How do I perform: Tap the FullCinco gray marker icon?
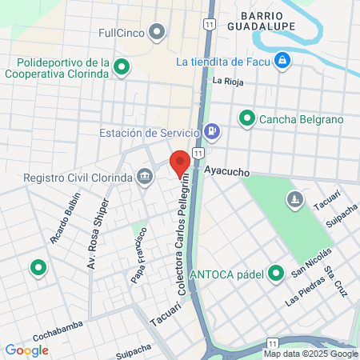(157, 33)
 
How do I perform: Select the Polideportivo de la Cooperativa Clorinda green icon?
(122, 67)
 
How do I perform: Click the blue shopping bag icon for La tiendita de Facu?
(282, 61)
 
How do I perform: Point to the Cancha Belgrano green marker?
(247, 119)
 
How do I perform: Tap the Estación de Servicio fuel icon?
(211, 132)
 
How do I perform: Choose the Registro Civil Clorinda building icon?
(145, 177)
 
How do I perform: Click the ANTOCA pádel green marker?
(276, 274)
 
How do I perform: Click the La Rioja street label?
(227, 81)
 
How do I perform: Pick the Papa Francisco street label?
(138, 255)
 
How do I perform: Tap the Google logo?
(26, 350)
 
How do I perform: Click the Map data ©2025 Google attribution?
(310, 354)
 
